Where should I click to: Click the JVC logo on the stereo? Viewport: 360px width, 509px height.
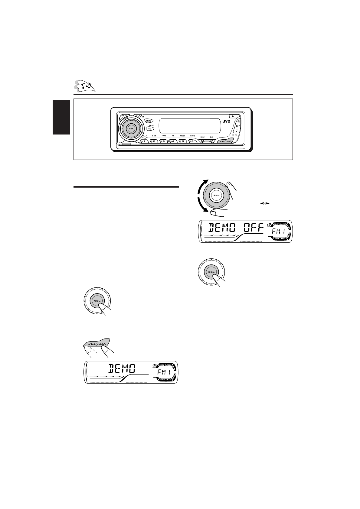(x=227, y=122)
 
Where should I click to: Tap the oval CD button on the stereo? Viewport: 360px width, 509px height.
(x=149, y=128)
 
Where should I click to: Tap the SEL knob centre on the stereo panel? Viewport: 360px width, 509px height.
(x=131, y=128)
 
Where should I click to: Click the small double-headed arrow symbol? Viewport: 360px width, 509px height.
(x=265, y=204)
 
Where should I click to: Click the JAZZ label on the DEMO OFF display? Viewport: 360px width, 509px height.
(x=283, y=239)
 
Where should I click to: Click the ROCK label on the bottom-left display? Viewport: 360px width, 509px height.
(x=160, y=365)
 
